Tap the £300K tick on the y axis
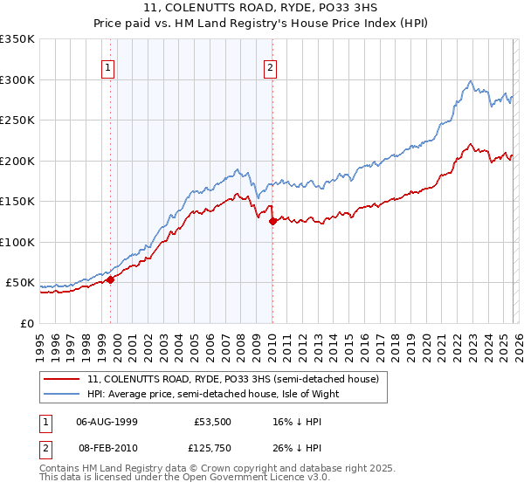tap(17, 79)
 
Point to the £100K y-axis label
tap(17, 242)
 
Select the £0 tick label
tap(26, 323)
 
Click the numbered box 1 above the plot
tap(107, 67)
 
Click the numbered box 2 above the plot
tap(271, 67)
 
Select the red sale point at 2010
tap(272, 221)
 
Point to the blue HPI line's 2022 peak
tap(471, 82)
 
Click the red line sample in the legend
tap(62, 380)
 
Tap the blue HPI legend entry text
tap(218, 394)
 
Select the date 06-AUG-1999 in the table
tap(107, 421)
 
